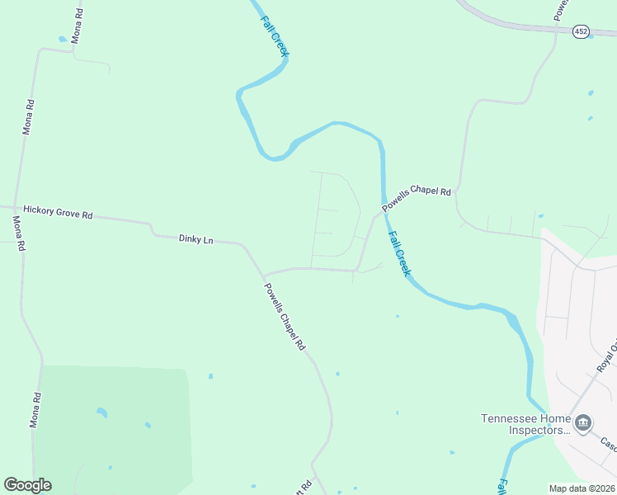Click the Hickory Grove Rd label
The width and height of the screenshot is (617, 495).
point(58,212)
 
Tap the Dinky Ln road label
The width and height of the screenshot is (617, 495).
point(195,238)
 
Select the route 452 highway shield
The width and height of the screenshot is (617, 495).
point(581,31)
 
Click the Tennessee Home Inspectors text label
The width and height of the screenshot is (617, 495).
point(526,423)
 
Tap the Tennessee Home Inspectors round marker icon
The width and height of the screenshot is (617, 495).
point(583,424)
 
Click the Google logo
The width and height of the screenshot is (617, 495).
point(27,485)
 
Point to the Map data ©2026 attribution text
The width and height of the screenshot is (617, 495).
point(582,488)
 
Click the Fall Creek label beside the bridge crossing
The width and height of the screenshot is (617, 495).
point(398,252)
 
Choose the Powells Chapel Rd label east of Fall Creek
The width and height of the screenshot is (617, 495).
point(417,200)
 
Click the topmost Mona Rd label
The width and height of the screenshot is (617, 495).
point(77,27)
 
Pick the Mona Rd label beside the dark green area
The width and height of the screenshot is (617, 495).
point(35,409)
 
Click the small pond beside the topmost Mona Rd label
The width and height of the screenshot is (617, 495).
point(63,39)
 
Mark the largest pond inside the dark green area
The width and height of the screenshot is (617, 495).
point(101,412)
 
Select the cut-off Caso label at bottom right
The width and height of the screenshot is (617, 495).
point(608,445)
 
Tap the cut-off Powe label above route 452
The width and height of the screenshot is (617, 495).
point(561,10)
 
